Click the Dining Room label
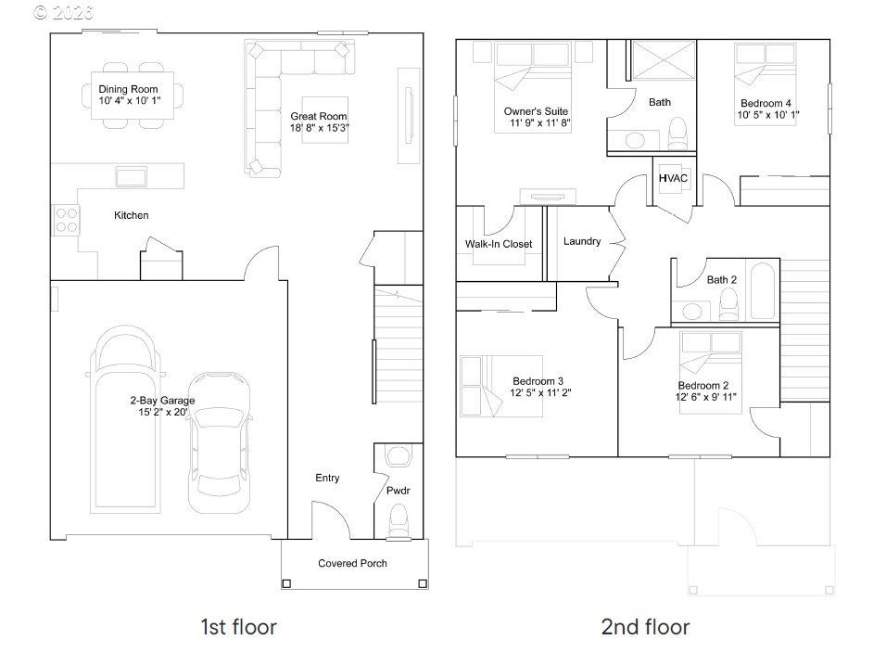point(129,89)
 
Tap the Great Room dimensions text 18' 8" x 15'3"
point(319,128)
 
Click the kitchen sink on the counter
point(131,175)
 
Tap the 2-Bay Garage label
point(161,401)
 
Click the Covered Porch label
point(352,563)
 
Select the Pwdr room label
point(398,490)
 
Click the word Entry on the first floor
point(327,479)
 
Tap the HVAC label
point(672,178)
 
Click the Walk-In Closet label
point(499,245)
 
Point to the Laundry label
point(582,241)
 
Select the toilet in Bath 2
point(728,301)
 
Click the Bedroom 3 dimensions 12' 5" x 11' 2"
point(538,392)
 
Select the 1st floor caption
point(238,627)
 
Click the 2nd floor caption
point(645,627)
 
